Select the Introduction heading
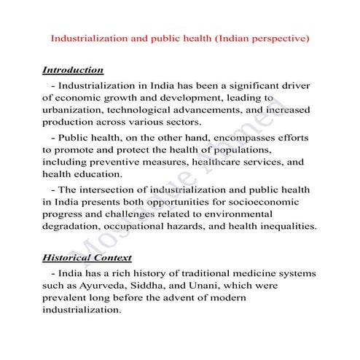click(x=73, y=71)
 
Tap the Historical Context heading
click(x=87, y=258)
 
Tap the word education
click(x=102, y=174)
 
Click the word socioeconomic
click(x=278, y=201)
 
